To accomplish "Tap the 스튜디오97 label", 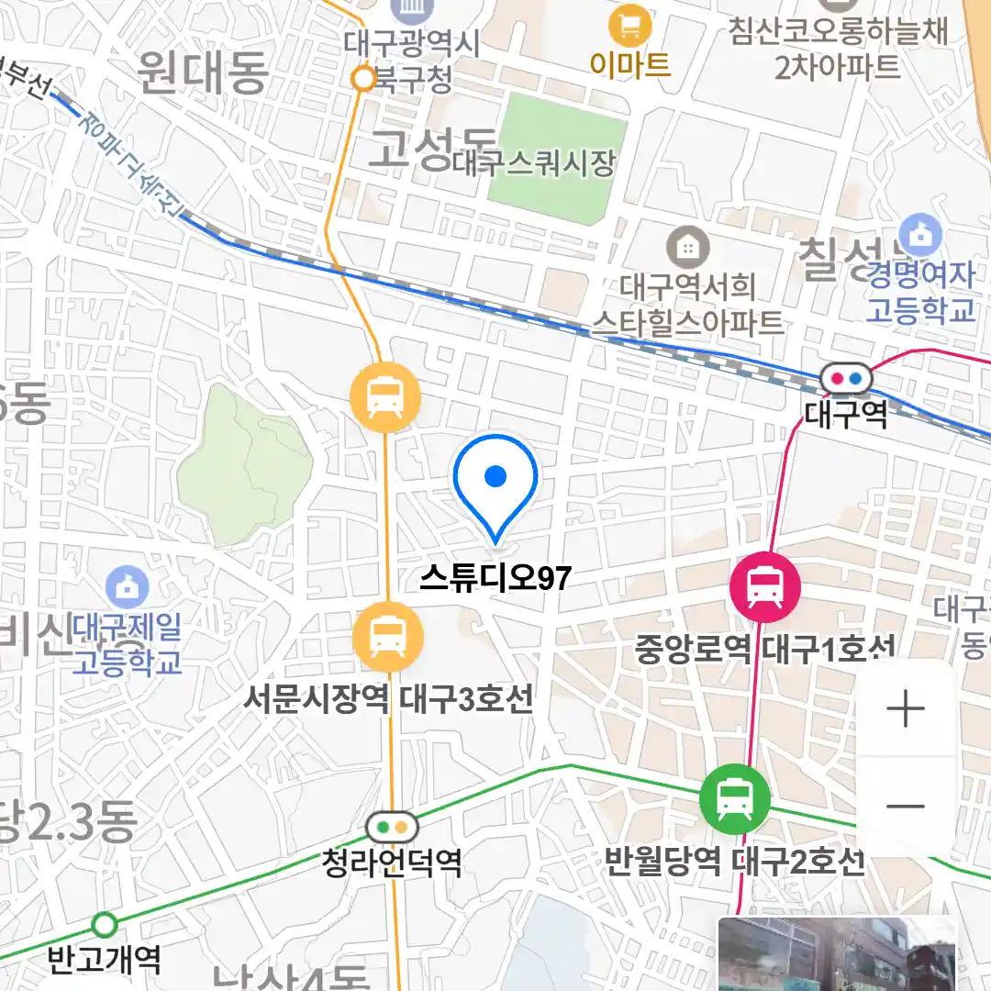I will [495, 577].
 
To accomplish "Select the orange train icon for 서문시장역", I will [388, 635].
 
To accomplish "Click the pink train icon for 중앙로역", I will [764, 586].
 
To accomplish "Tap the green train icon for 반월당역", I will [734, 798].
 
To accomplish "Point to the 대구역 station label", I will [845, 415].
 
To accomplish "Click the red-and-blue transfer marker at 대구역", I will [845, 377].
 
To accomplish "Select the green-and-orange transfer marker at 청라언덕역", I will [392, 828].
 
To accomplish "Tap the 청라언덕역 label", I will [392, 863].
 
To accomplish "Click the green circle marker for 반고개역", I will [106, 923].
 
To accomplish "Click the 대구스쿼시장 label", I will [534, 164].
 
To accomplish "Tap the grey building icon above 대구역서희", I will [685, 246].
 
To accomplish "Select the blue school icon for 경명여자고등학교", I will [920, 235].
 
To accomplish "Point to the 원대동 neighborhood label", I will [203, 74].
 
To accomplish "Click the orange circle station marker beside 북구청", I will [364, 80].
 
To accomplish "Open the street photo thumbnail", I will [836, 954].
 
